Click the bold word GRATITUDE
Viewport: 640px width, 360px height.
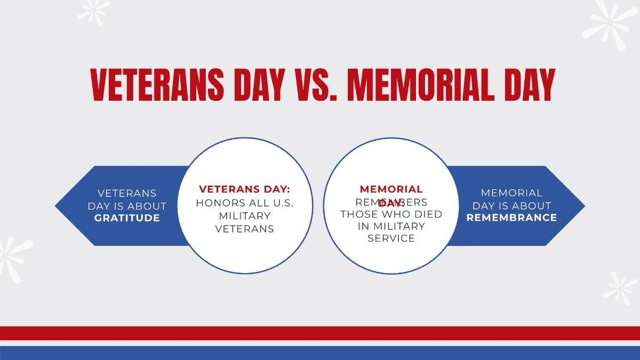[127, 218]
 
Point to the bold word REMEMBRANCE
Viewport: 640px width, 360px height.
[511, 218]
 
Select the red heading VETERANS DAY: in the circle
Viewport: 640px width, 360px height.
[244, 189]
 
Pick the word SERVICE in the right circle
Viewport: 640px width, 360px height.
[391, 238]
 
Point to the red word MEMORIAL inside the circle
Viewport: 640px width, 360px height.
[391, 189]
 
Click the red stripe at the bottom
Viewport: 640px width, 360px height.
[320, 333]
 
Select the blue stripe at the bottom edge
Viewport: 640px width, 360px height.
[320, 353]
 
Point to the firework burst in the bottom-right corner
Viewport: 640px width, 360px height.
[620, 287]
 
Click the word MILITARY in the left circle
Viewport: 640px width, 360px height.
[244, 216]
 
